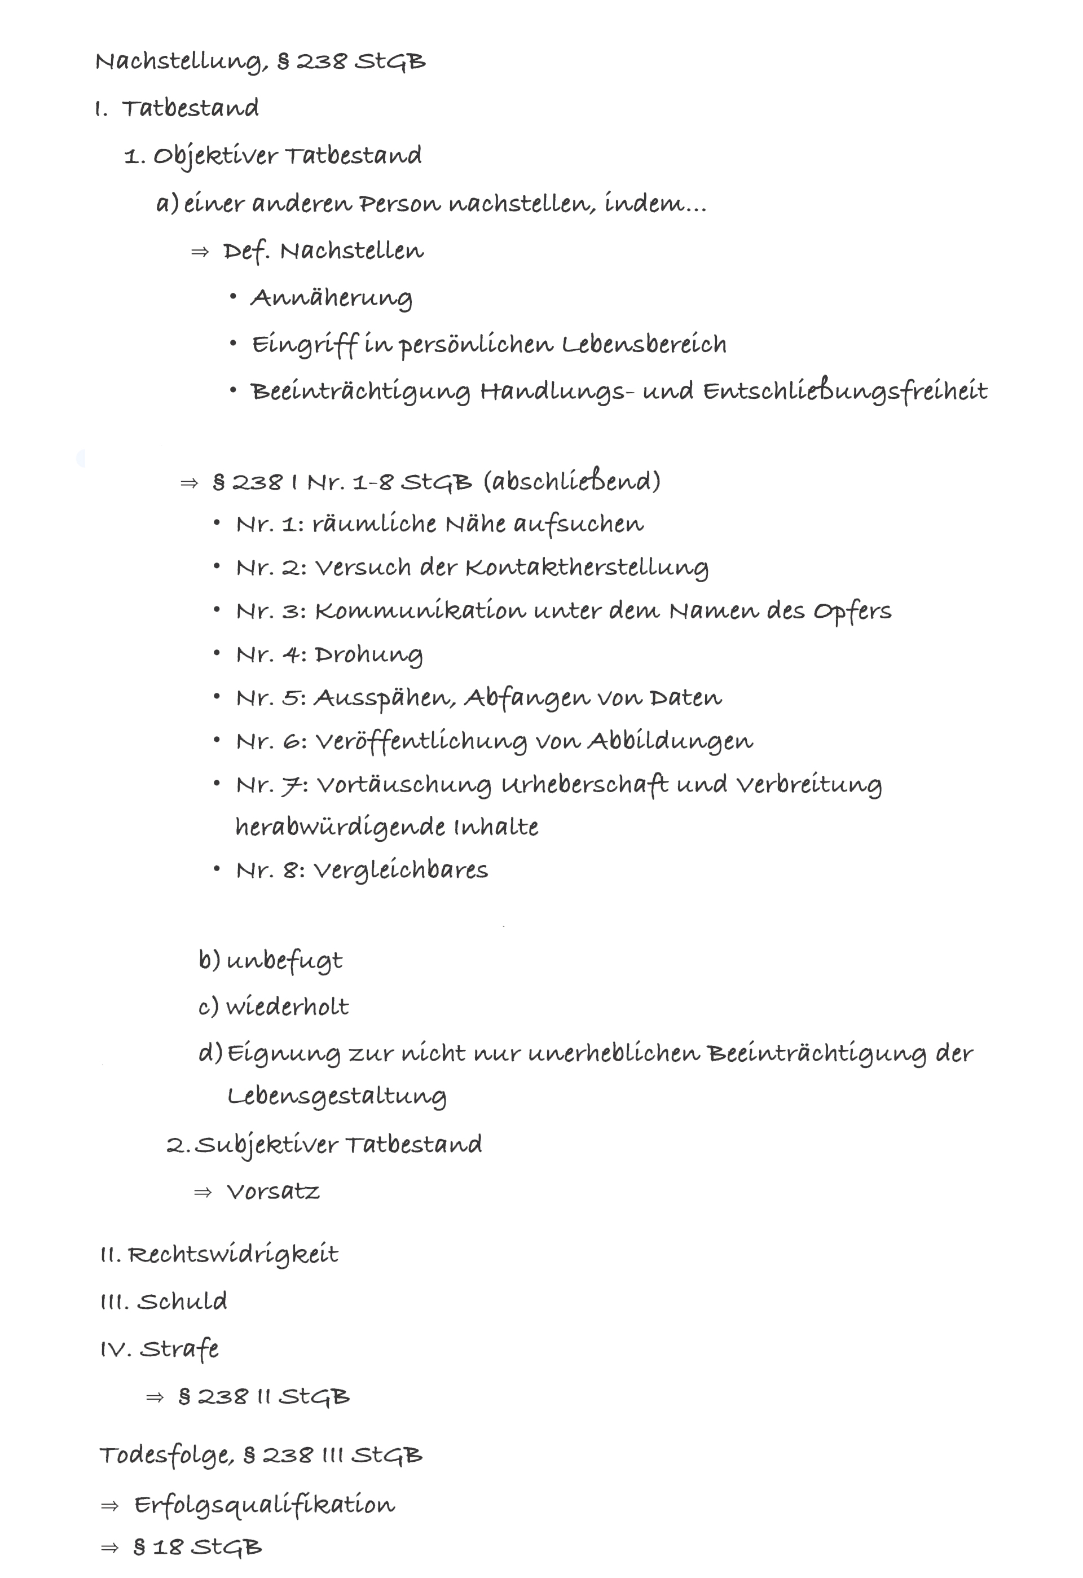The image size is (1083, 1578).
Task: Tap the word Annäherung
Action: point(331,297)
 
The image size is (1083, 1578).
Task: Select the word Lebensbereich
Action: point(644,344)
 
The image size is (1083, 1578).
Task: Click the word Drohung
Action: point(369,654)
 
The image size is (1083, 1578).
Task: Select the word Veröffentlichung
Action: point(421,741)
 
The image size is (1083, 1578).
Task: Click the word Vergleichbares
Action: point(400,871)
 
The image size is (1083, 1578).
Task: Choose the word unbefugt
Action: point(284,961)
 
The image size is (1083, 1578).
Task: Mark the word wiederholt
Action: point(287,1006)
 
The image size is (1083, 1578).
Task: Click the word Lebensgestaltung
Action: point(337,1096)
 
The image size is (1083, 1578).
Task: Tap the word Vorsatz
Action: point(273,1192)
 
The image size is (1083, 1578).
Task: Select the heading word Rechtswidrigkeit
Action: point(233,1254)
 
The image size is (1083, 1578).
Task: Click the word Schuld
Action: point(182,1301)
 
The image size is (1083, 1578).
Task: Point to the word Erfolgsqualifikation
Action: point(264,1505)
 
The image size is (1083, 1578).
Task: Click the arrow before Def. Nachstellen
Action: point(200,252)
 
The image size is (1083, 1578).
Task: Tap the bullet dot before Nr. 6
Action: point(217,740)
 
